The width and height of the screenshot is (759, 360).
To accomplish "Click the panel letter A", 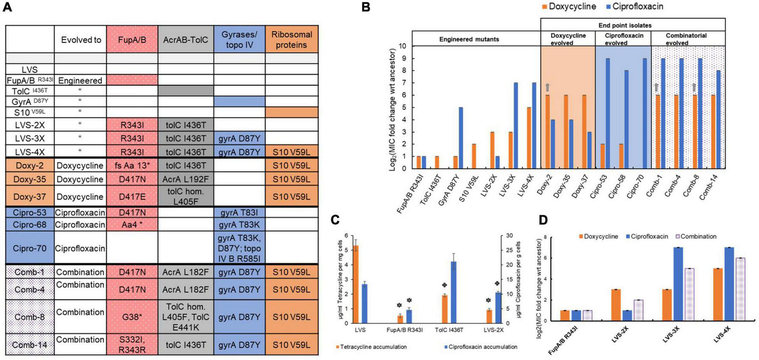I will click(x=7, y=7).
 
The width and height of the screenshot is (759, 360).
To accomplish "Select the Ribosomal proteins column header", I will click(x=291, y=39).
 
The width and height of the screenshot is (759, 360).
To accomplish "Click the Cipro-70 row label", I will click(x=30, y=248).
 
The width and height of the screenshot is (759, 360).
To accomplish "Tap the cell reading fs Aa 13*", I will click(x=132, y=166).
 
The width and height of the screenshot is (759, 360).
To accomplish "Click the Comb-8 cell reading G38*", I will click(x=132, y=317).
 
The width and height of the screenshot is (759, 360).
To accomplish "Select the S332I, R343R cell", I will click(x=132, y=345).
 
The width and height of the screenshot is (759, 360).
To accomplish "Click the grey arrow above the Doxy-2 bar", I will click(x=547, y=87).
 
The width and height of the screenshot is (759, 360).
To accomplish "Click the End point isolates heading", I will click(x=625, y=25).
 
